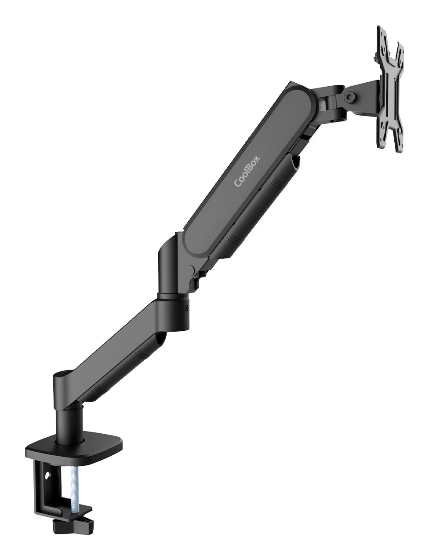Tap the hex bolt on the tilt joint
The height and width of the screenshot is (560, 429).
tap(350, 96)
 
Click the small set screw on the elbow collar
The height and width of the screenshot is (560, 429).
tap(187, 308)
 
